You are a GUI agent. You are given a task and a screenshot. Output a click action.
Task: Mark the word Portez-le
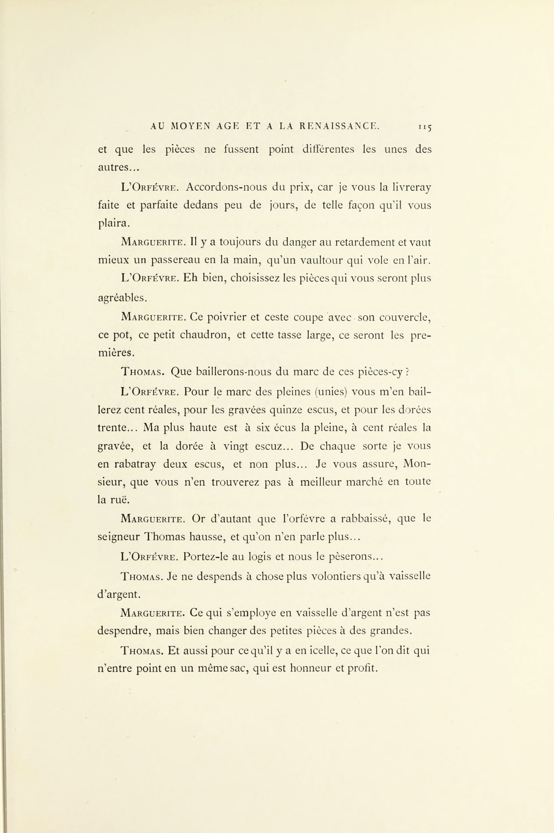tap(205, 557)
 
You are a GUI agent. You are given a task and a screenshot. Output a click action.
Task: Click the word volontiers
tap(341, 576)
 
